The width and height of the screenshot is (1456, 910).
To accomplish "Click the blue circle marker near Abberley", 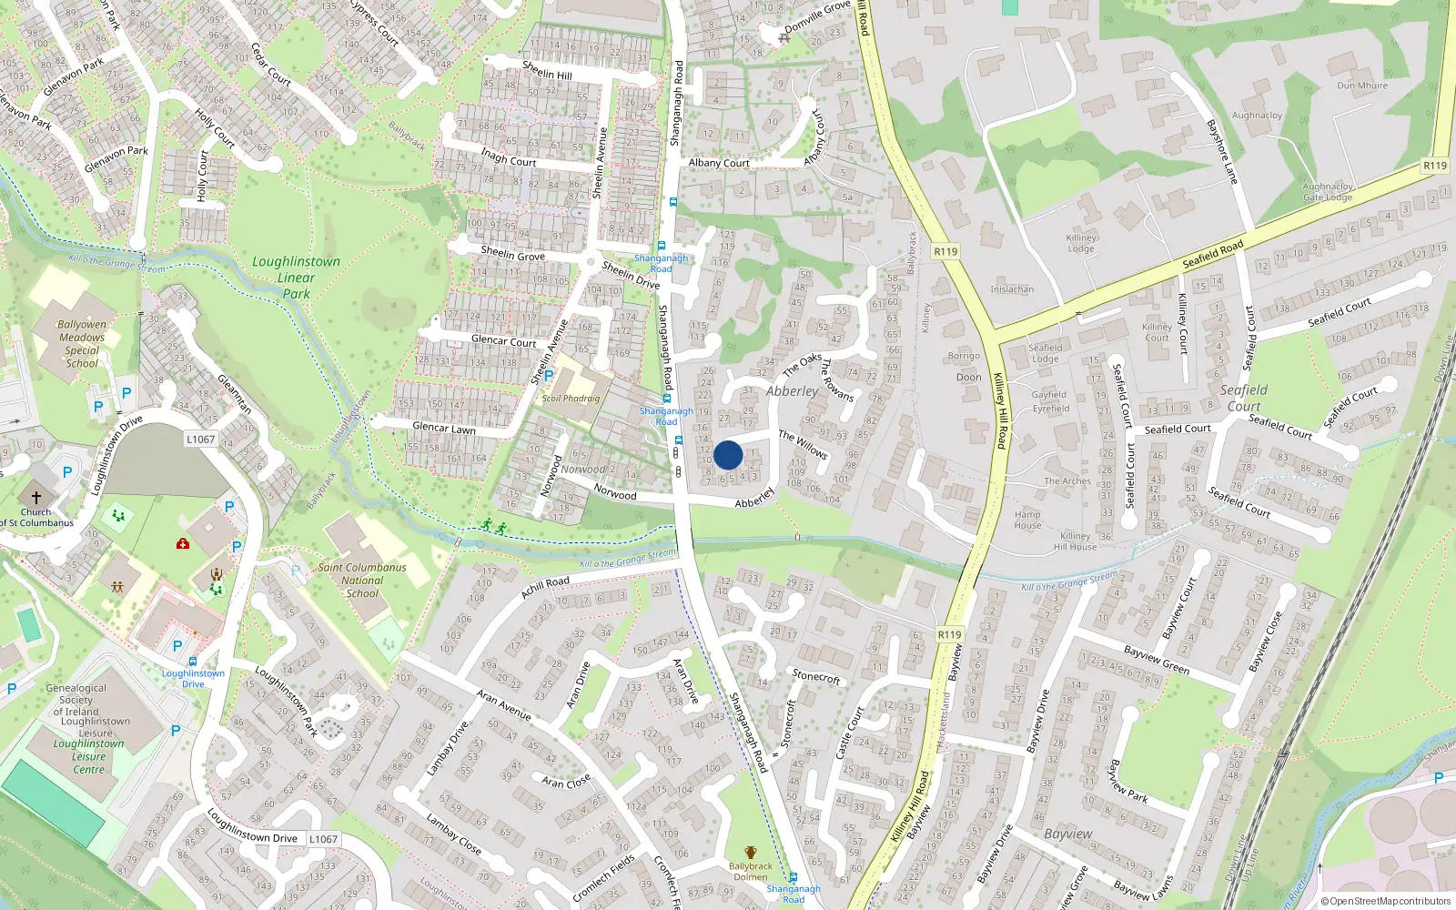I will [x=728, y=455].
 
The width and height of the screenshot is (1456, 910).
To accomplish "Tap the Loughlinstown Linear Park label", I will [x=296, y=278].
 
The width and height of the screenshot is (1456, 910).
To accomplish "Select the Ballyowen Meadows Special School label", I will [x=82, y=343].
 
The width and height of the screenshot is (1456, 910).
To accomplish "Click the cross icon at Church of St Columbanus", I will [x=36, y=498].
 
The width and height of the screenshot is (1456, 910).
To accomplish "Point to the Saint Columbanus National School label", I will [x=362, y=580].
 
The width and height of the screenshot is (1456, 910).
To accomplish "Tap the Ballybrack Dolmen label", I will [x=751, y=872].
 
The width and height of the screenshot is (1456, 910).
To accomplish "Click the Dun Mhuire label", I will [x=1362, y=86].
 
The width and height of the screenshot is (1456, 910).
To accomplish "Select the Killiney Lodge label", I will [x=1081, y=243].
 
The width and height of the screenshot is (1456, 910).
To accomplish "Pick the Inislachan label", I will [x=1012, y=289].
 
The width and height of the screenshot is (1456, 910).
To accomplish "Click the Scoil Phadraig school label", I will [x=571, y=398].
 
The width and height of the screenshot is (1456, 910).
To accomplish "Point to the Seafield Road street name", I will [x=1212, y=254].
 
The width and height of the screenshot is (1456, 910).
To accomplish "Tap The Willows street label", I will [x=803, y=443].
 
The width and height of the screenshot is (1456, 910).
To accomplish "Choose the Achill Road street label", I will [x=545, y=587].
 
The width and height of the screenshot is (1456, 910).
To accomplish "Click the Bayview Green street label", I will [x=1157, y=660].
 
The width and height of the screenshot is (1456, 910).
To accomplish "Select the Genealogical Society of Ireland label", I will [x=76, y=700].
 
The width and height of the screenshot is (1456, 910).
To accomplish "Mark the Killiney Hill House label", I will [x=1075, y=541].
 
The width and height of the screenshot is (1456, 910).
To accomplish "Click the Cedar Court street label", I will [x=271, y=66].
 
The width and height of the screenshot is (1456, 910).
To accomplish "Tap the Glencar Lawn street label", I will [x=444, y=428].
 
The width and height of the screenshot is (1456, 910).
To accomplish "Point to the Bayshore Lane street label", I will [x=1221, y=151].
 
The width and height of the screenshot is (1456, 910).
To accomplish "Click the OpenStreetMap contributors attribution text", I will [x=1386, y=901].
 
